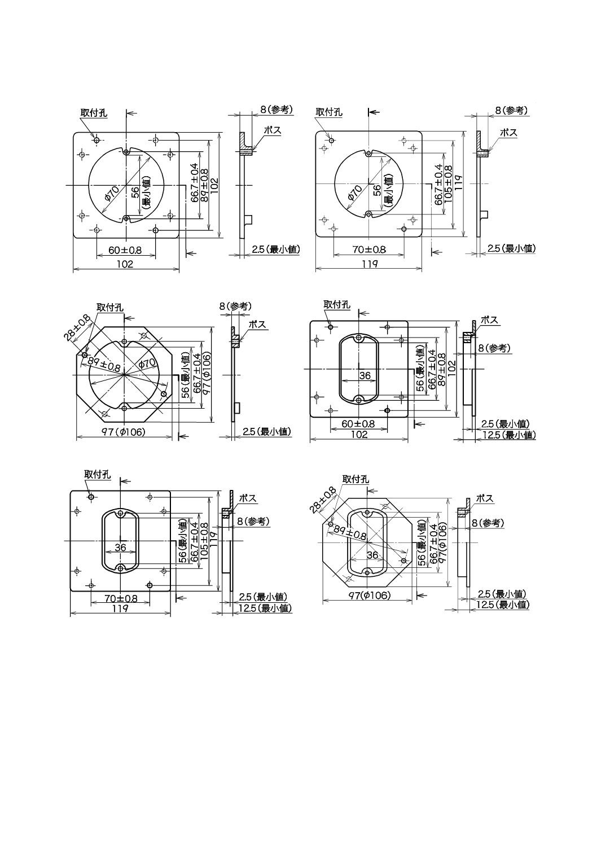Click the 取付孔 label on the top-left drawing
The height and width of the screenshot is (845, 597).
(93, 113)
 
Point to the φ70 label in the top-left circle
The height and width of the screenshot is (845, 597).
(112, 194)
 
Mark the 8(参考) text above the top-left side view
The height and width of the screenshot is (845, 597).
(276, 110)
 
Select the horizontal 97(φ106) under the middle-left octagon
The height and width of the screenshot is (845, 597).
(124, 432)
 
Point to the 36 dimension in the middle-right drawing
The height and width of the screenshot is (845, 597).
(365, 375)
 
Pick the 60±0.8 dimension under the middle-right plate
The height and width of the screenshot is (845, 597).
(358, 423)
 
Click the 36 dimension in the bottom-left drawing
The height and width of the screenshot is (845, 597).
(120, 547)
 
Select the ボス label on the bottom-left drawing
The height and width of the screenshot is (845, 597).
(248, 498)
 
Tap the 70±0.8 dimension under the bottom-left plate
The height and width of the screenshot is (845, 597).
(121, 599)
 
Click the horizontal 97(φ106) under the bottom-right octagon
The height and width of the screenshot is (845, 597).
(369, 596)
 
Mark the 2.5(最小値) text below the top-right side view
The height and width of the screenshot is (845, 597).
(511, 248)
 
